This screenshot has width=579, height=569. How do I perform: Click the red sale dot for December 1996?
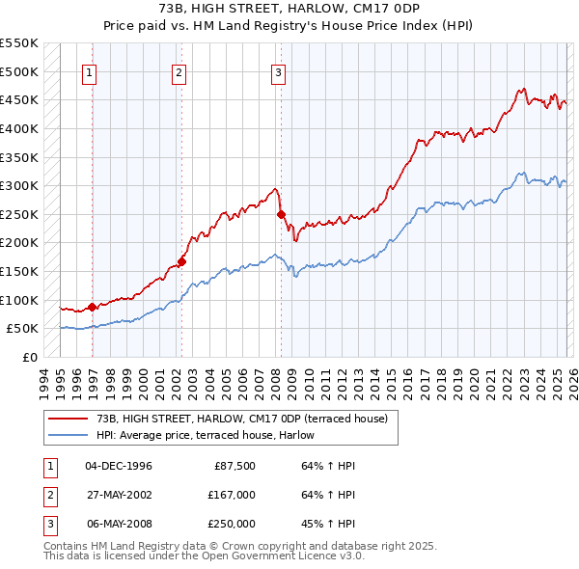(x=92, y=307)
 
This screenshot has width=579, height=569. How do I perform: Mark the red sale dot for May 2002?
(x=181, y=261)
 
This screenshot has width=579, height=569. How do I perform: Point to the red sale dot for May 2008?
(x=281, y=214)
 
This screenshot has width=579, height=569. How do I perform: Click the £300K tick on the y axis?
(x=19, y=185)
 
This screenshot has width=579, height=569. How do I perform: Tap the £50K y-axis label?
(x=23, y=329)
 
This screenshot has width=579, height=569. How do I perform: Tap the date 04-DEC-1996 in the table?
(x=119, y=466)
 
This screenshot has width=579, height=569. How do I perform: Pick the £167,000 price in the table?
(x=232, y=495)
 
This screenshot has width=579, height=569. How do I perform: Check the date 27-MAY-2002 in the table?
(x=119, y=495)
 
